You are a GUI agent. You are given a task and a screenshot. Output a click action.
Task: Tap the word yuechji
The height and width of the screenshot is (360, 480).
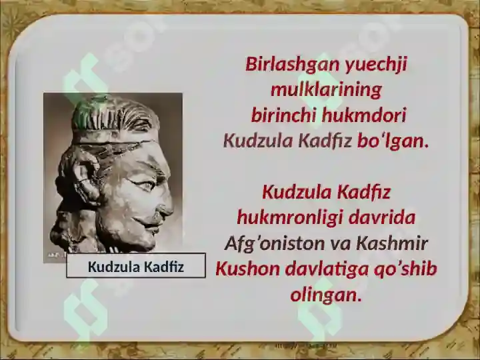pos(377,65)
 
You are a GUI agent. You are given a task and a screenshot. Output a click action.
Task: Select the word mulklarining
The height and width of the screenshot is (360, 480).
pos(326,90)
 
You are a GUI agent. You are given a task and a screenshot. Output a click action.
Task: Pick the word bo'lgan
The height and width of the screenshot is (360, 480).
pos(393,141)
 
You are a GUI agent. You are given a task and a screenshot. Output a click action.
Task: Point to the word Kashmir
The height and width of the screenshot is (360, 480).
pos(392,244)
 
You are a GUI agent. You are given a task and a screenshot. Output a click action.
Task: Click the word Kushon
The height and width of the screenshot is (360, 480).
pos(247,269)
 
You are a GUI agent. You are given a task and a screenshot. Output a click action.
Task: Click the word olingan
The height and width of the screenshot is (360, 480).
pos(326,295)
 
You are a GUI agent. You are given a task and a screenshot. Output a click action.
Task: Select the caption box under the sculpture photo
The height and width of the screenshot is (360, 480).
pos(136,265)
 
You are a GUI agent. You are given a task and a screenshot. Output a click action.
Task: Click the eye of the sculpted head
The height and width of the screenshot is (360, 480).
pos(143,184)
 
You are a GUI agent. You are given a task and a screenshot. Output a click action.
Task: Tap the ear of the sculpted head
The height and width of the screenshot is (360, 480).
pos(83,177)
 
